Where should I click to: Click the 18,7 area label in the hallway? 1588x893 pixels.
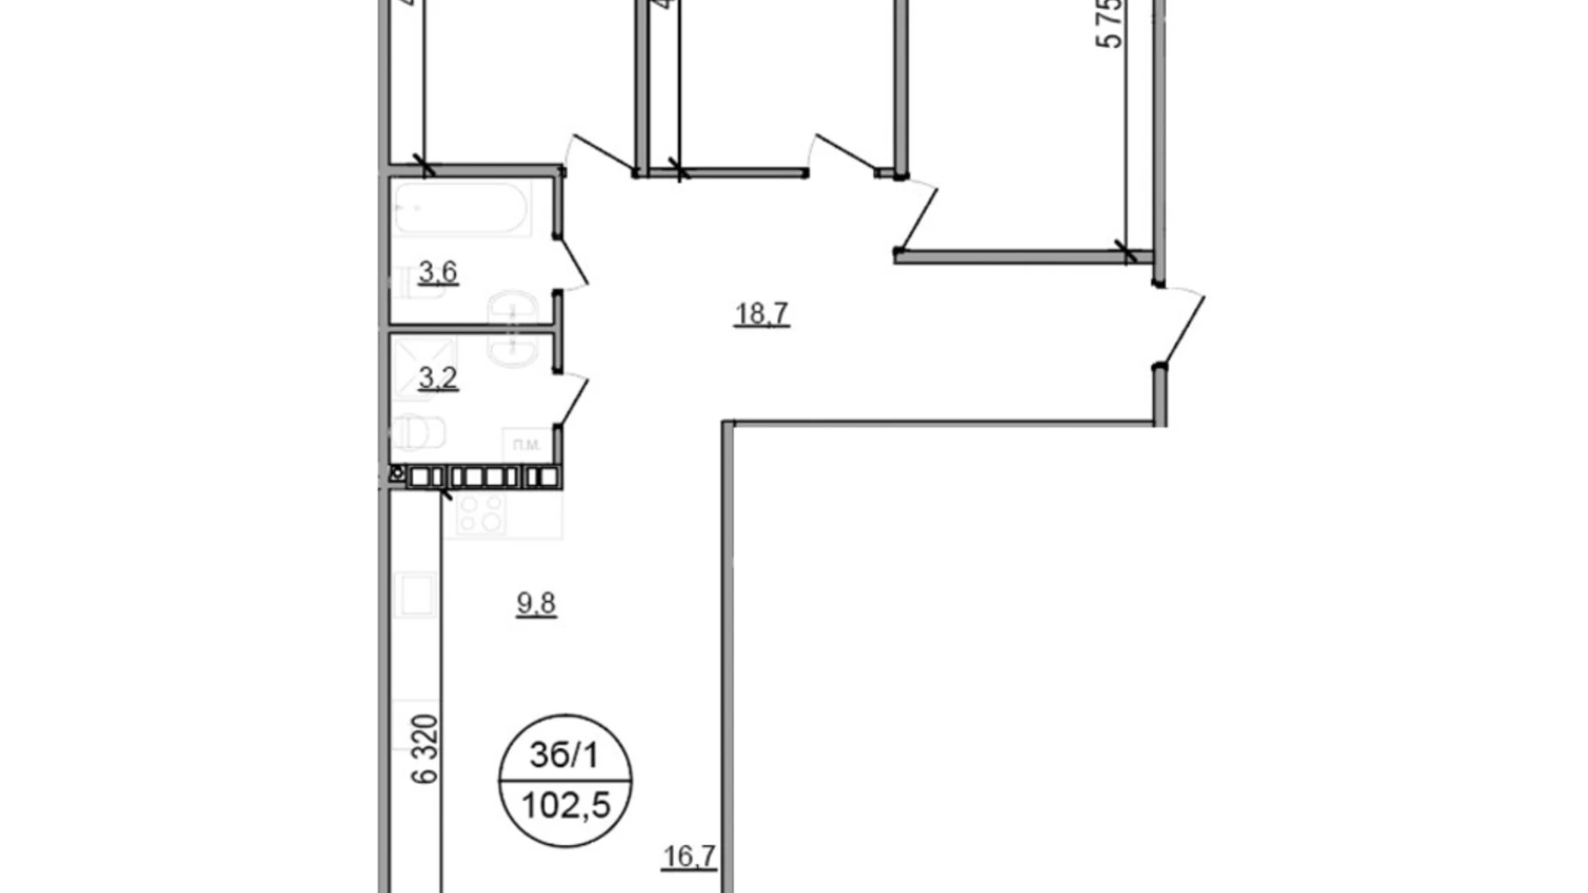coord(761,314)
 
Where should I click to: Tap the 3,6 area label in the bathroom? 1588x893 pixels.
coord(438,273)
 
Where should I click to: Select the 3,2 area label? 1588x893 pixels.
coord(438,378)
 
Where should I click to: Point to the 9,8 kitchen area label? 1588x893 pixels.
coord(536,604)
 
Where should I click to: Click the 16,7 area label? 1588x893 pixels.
coord(689,857)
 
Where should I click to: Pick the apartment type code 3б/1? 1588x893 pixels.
coord(564,756)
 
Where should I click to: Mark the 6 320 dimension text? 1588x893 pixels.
coord(426,749)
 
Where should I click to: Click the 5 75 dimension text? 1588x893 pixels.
coord(1111,24)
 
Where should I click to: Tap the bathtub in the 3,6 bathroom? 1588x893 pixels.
coord(461,208)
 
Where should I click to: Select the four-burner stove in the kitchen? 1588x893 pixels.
coord(481,513)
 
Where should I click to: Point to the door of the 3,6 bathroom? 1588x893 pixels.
coord(573,264)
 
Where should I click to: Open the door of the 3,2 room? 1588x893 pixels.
coord(573,399)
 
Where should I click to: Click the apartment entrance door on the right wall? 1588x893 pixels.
coord(1182,326)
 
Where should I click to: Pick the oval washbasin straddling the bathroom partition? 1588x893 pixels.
coord(512,328)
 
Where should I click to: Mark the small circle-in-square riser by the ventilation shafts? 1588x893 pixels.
coord(397,473)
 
